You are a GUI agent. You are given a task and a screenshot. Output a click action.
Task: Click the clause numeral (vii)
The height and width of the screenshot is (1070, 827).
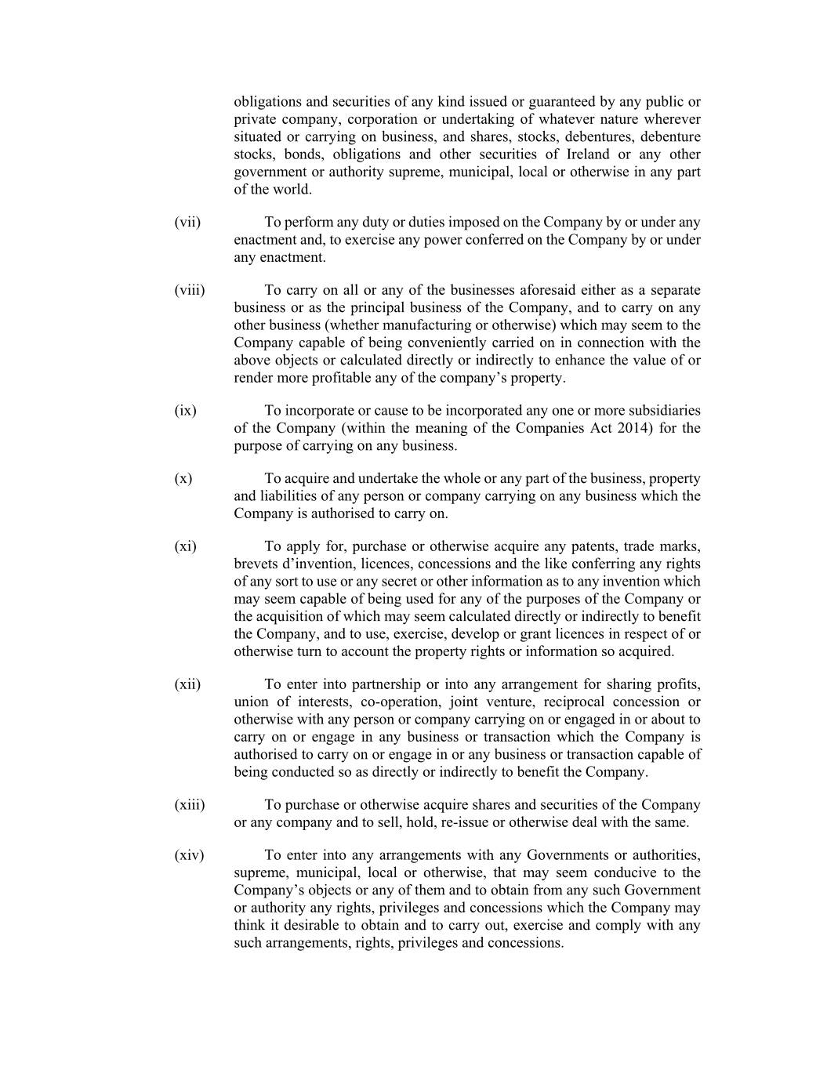tap(187, 223)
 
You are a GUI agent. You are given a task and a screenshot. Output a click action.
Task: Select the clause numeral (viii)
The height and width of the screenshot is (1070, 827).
tap(190, 291)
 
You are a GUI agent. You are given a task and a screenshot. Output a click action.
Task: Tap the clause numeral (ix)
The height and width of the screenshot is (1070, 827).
tap(186, 411)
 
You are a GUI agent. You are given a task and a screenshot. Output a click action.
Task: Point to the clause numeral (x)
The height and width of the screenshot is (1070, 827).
tap(183, 479)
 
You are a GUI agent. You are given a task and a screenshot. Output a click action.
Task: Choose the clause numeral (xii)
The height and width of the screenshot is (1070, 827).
tap(187, 684)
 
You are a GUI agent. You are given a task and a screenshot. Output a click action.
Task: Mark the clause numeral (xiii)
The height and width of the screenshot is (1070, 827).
tap(190, 805)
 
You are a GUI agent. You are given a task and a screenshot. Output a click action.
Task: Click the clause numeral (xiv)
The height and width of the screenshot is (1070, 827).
tap(189, 855)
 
